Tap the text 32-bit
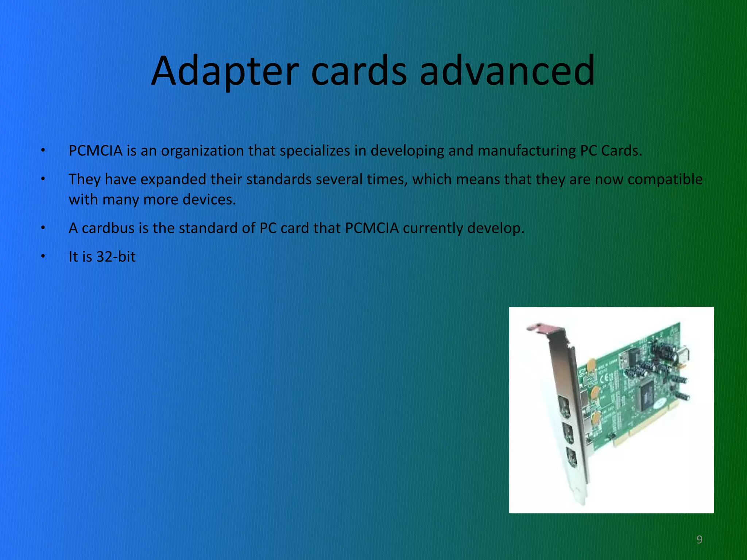(x=116, y=257)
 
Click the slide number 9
(x=699, y=539)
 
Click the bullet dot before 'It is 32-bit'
(x=43, y=257)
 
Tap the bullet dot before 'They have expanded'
(x=43, y=179)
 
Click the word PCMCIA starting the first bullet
(x=96, y=151)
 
